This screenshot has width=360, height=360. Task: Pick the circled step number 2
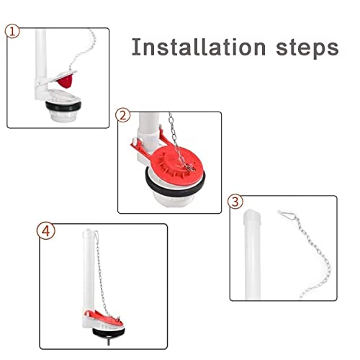tap(122, 116)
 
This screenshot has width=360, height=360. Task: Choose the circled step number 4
tap(45, 232)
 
